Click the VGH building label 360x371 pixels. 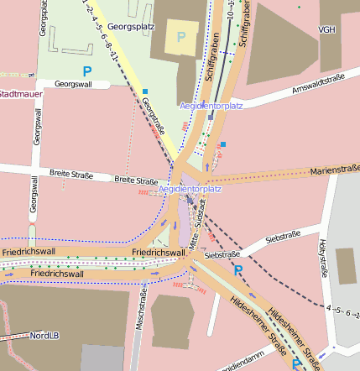point(326,30)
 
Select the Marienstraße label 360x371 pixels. point(335,170)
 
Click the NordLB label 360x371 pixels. point(44,335)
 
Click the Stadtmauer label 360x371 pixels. point(18,94)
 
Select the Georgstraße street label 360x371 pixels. point(154,116)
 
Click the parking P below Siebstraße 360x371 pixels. point(238,269)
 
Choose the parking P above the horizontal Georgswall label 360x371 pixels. point(86,71)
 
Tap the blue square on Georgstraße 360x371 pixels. point(145,91)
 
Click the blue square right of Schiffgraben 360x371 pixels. point(223,144)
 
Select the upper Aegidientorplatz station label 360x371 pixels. point(211,106)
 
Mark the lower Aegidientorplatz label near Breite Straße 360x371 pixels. point(190,189)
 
